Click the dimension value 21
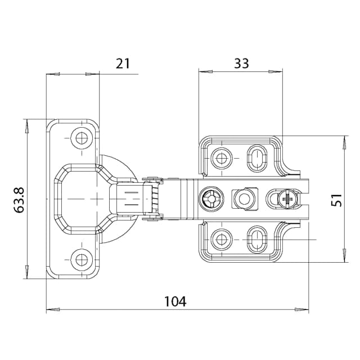[123, 63]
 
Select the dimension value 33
[241, 63]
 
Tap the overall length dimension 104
[175, 301]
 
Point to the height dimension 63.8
[19, 199]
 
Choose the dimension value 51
[336, 200]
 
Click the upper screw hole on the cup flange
[83, 138]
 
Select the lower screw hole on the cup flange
[83, 259]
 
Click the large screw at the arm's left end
[210, 199]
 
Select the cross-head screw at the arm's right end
[287, 199]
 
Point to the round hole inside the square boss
[244, 199]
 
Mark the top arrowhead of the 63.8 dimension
[26, 125]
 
